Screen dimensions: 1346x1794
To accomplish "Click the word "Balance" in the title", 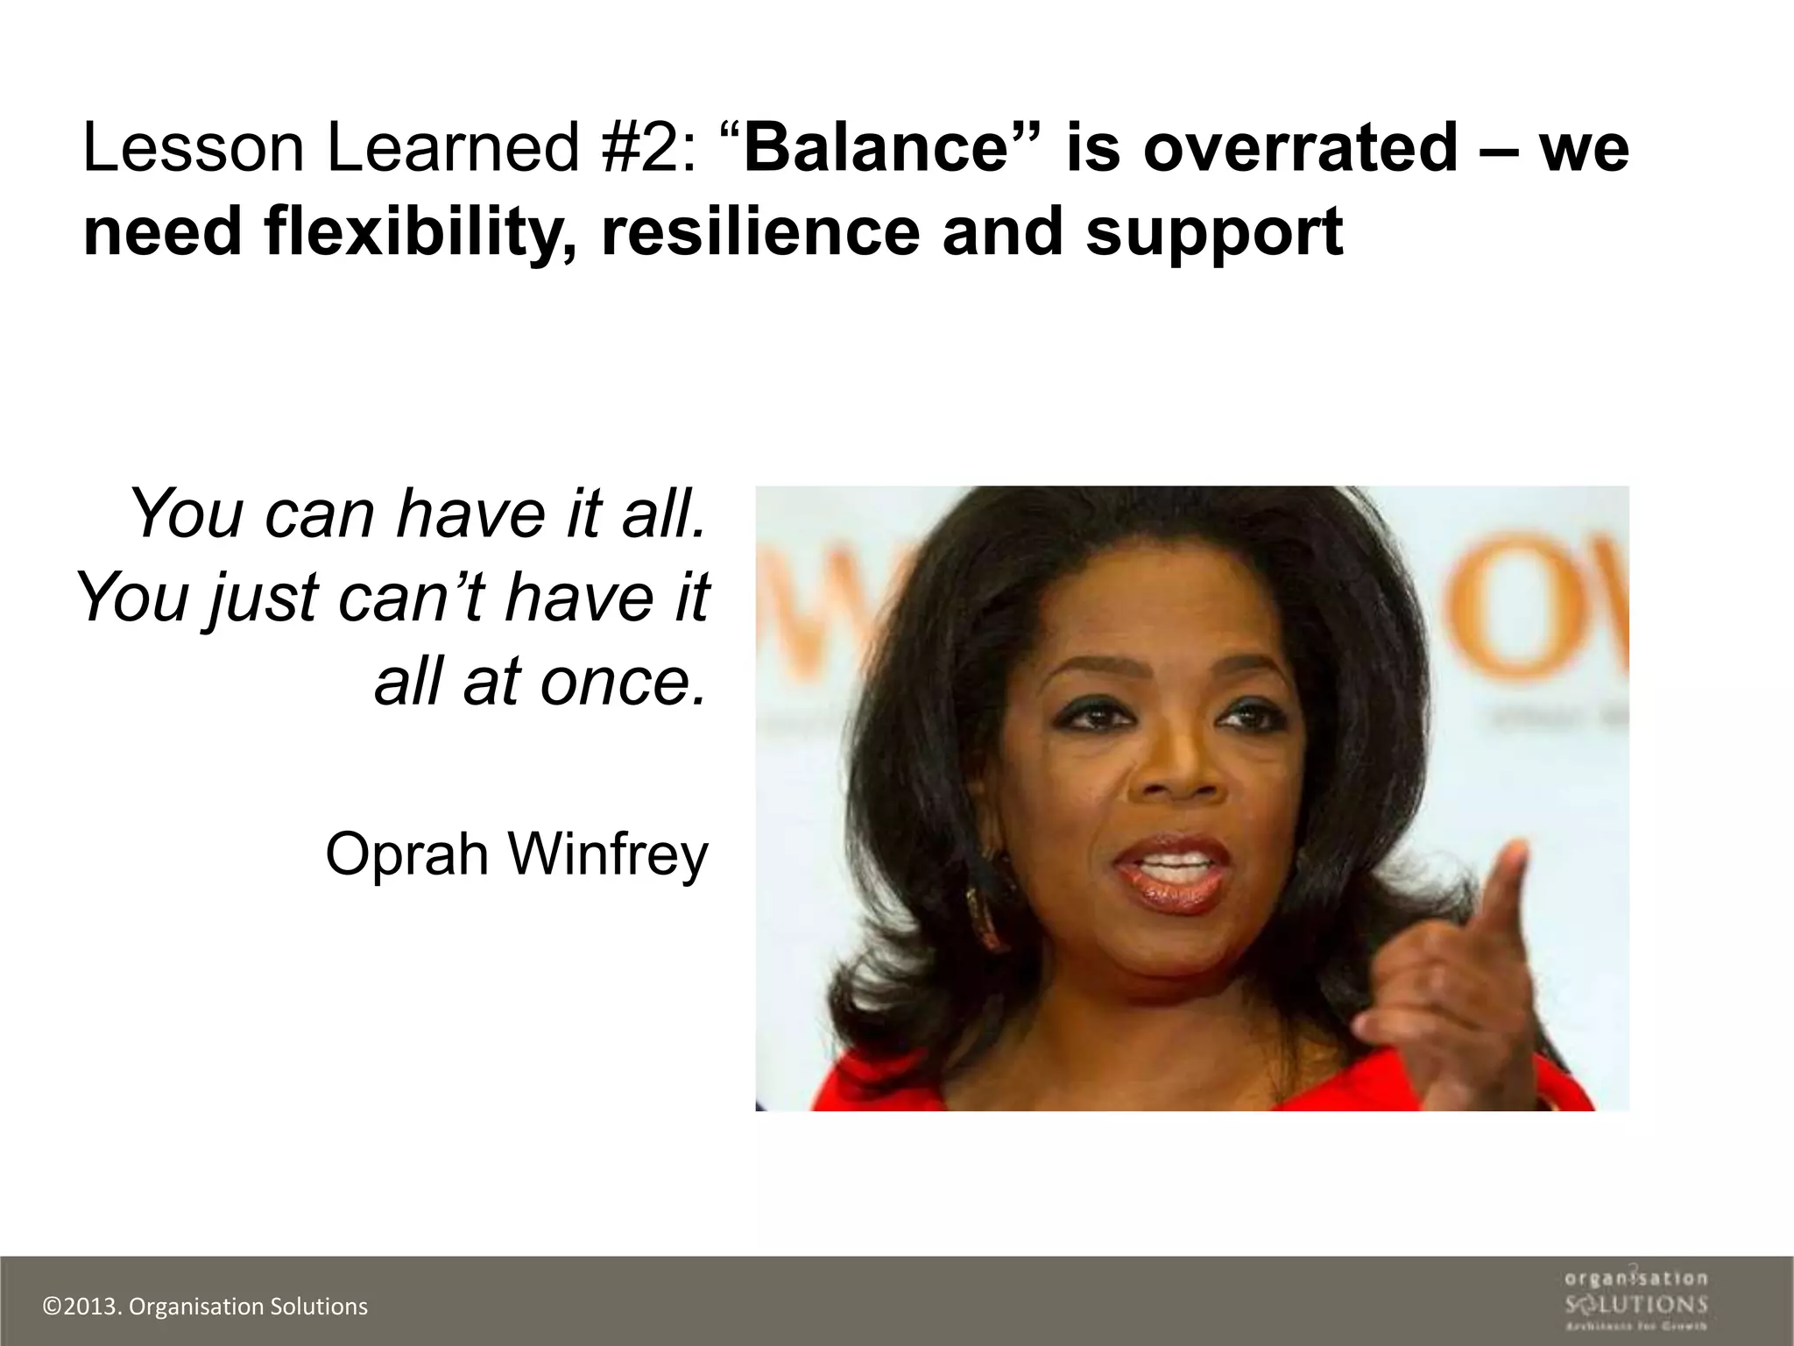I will tap(876, 147).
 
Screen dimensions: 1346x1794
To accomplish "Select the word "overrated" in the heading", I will tap(1300, 147).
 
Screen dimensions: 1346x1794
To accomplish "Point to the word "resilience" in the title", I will tap(760, 233).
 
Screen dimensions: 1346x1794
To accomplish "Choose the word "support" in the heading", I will tap(1214, 233).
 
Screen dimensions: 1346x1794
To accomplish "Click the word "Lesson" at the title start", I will tap(193, 147).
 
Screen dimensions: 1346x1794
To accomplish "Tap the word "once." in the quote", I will tap(623, 683).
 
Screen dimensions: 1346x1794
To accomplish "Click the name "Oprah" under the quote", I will tap(406, 854).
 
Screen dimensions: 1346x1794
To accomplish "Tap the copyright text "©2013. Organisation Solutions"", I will tap(206, 1307).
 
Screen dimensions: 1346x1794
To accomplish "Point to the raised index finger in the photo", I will tap(1508, 885).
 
